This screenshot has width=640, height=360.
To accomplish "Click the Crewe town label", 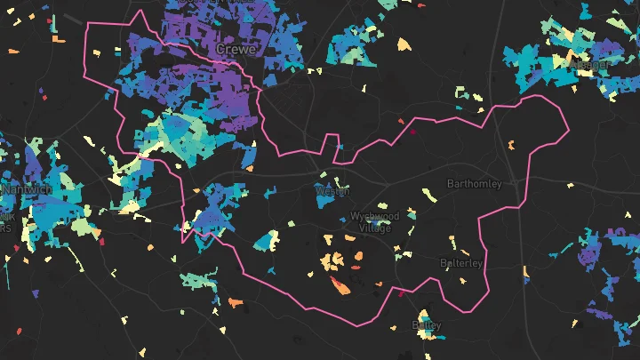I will (x=236, y=51).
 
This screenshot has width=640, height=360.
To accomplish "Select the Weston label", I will (x=333, y=191).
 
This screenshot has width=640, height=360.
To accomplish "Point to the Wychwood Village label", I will (x=373, y=222).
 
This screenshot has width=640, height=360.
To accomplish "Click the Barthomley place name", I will (x=474, y=184).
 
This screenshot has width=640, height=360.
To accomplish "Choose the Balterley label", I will (x=462, y=263).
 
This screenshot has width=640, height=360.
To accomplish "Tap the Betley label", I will (x=427, y=325).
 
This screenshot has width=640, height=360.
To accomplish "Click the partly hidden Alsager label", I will (x=590, y=66).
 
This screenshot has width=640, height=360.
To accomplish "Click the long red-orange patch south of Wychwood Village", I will (x=340, y=285).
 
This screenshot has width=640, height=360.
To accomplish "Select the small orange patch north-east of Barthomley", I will (x=512, y=145).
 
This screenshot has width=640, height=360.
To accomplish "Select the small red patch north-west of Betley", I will (x=401, y=293).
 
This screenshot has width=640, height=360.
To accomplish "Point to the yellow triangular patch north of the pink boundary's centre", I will (x=404, y=44).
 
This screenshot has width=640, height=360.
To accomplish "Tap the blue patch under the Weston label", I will (x=324, y=201).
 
